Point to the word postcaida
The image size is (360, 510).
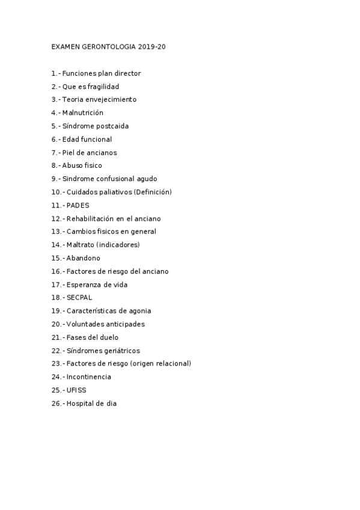(112, 126)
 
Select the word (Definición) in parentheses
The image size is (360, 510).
(153, 192)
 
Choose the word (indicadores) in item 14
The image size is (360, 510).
(118, 245)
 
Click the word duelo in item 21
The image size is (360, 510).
(109, 338)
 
